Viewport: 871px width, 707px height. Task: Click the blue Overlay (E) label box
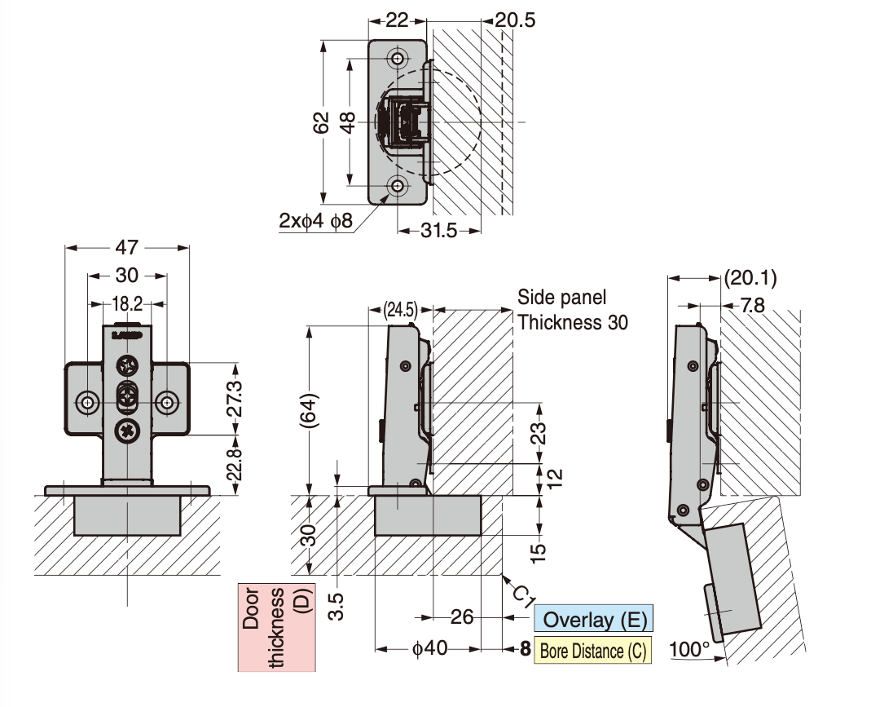click(x=594, y=619)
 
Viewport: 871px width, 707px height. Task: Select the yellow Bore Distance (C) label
click(x=592, y=651)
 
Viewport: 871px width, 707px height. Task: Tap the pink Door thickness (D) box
click(x=276, y=627)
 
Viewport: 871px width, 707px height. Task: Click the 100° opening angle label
click(x=689, y=650)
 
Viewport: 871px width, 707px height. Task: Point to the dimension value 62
click(x=322, y=122)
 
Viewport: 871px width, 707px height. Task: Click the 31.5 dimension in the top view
click(x=438, y=231)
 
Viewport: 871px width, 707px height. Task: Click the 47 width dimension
click(x=127, y=246)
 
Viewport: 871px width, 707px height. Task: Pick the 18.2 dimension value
click(x=128, y=304)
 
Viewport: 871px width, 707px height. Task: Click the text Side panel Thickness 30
click(x=573, y=310)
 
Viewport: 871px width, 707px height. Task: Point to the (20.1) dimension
click(x=750, y=278)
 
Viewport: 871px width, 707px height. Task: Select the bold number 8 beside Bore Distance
click(x=525, y=650)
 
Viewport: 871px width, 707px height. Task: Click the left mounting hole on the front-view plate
click(x=87, y=402)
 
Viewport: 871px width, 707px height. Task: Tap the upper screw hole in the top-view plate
click(x=398, y=60)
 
